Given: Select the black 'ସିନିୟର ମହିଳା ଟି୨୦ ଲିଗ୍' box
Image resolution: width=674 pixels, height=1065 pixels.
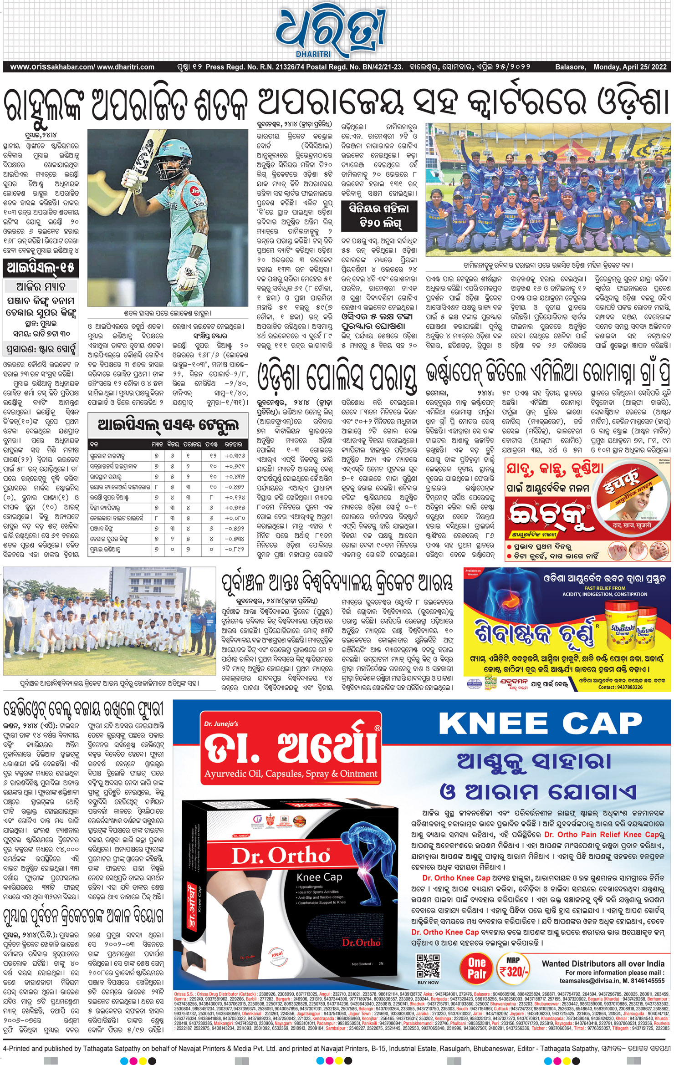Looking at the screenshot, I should (x=379, y=216).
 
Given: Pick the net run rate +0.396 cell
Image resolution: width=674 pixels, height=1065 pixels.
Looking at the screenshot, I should (x=235, y=455).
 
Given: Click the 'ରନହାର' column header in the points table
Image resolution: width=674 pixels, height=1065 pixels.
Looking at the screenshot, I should (x=234, y=443).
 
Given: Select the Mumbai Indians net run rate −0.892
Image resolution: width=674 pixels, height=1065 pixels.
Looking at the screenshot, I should (x=235, y=549).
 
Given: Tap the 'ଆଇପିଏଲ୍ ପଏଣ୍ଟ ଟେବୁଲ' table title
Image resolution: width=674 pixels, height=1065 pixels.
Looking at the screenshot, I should (x=168, y=426).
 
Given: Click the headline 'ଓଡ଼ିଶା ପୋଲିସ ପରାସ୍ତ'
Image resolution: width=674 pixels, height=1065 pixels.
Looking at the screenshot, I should (x=337, y=377).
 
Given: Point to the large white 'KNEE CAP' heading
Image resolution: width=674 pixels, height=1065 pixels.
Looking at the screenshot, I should (x=540, y=724).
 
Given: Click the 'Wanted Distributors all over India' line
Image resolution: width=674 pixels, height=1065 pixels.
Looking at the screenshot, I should (x=603, y=963).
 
